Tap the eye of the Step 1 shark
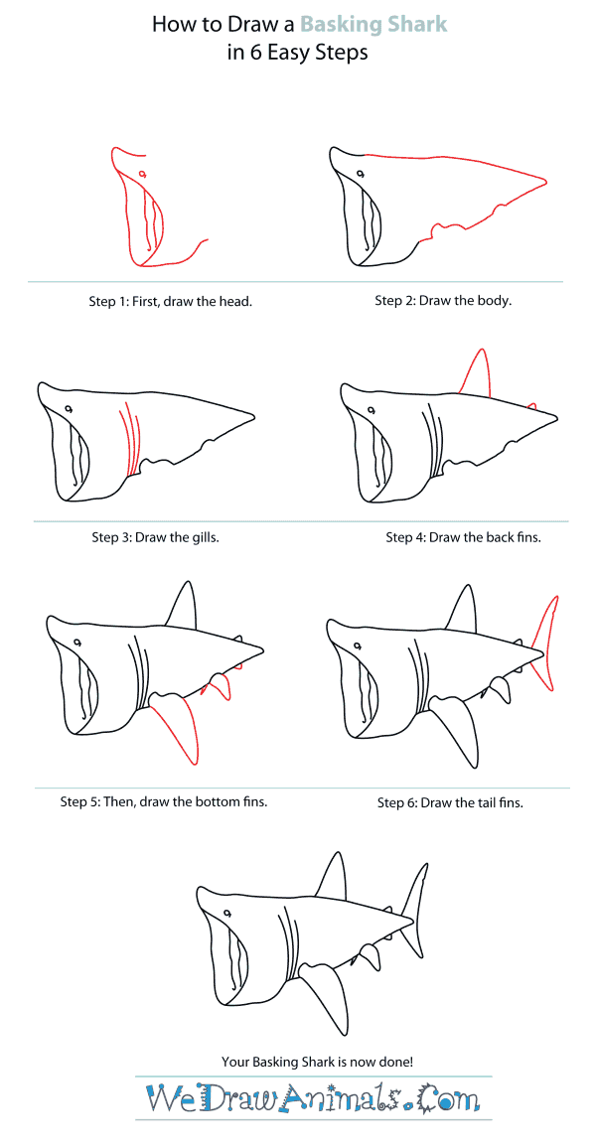143,176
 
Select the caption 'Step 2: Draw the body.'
443,300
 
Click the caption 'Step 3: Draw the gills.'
155,537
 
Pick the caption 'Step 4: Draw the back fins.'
463,537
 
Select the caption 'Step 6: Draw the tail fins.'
450,801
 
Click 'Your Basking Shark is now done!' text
297,1062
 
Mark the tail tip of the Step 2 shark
545,181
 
